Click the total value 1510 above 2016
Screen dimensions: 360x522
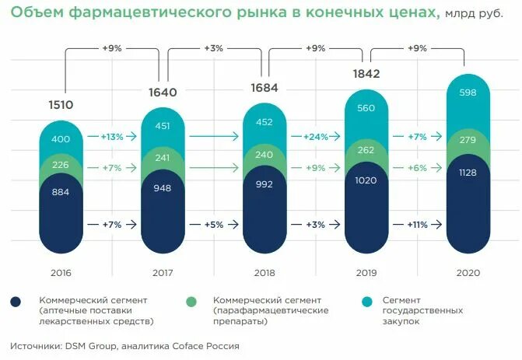[61, 103]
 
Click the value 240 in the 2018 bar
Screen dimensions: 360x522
[265, 154]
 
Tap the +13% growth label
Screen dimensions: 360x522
[112, 136]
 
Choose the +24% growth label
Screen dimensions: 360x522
[316, 136]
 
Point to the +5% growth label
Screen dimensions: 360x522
[214, 224]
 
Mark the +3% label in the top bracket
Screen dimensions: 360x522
[214, 48]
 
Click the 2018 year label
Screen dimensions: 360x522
[265, 274]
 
